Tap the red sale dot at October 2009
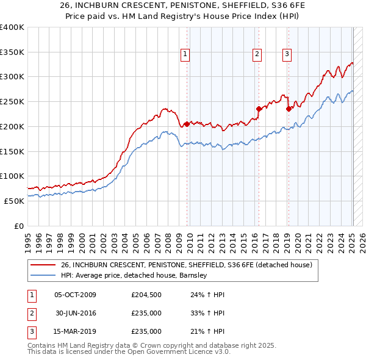click(x=187, y=124)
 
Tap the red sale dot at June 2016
click(x=259, y=109)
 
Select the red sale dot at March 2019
click(x=289, y=109)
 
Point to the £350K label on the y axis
click(x=12, y=52)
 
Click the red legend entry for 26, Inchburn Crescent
click(x=187, y=265)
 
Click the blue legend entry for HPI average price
click(x=134, y=275)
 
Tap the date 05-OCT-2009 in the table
click(x=75, y=295)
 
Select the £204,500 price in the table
click(x=146, y=295)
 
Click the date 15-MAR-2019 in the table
click(x=75, y=332)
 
